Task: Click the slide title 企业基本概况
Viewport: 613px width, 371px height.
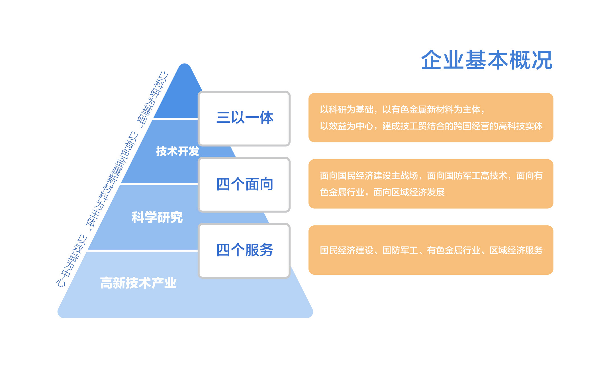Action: [487, 60]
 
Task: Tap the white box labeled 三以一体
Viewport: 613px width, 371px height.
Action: [244, 119]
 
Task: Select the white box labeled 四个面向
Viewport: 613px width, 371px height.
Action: [244, 185]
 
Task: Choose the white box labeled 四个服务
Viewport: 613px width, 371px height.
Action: [244, 250]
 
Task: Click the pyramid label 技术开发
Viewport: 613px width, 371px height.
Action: [177, 151]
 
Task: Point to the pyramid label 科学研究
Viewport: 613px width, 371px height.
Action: [157, 217]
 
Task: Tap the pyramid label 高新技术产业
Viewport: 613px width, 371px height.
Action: [138, 283]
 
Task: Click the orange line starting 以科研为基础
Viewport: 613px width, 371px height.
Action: [402, 109]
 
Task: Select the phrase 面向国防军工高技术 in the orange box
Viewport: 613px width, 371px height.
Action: [467, 176]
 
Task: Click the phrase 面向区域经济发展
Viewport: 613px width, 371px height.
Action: [409, 192]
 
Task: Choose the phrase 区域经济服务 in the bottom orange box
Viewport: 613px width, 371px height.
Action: [516, 250]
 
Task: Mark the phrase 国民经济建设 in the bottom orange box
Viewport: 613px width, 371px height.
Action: [346, 250]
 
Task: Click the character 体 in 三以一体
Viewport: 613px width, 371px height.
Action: [266, 117]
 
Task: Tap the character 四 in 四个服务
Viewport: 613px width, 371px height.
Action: [223, 250]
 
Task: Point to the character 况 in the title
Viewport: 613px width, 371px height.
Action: [542, 60]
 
